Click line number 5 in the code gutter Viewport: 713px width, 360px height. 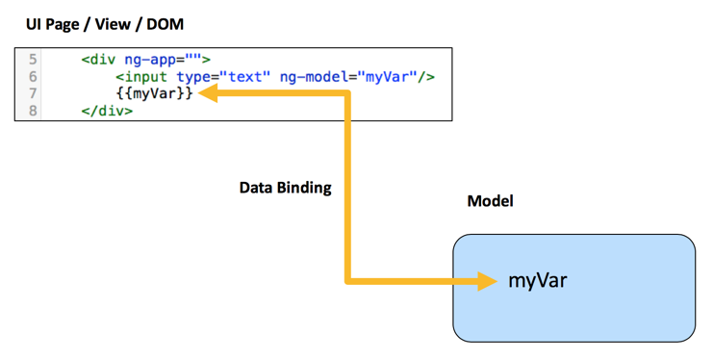point(34,60)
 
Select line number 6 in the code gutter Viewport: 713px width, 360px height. point(34,76)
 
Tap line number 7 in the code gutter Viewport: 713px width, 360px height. point(34,93)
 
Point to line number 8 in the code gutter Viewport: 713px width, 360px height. point(34,111)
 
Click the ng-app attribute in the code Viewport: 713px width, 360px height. point(150,60)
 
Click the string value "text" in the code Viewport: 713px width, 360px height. point(245,76)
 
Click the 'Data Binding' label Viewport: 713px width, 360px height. point(285,188)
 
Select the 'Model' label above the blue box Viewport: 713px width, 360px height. point(490,201)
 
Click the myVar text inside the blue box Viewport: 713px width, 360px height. point(538,281)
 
